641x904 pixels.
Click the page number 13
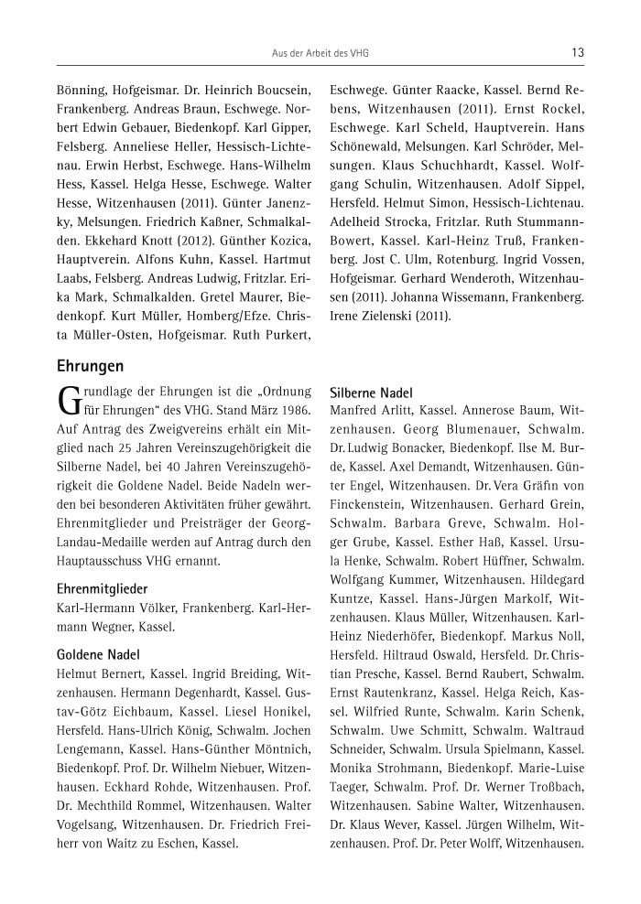pos(578,53)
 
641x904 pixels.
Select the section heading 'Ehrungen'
pos(90,366)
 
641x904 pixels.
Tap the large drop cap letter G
pos(70,400)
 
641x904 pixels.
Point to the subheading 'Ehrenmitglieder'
pos(103,588)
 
